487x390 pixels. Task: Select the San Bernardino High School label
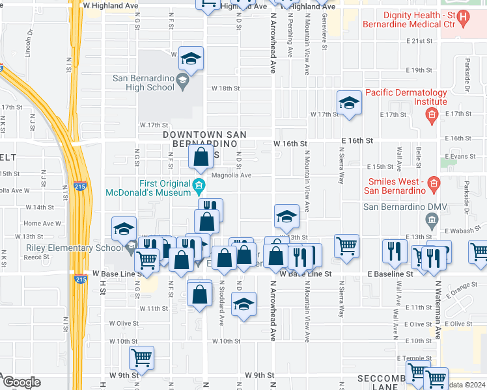point(143,83)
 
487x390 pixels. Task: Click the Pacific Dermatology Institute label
point(406,97)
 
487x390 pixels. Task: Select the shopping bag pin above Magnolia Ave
point(202,156)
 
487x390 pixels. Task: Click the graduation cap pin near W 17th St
point(349,103)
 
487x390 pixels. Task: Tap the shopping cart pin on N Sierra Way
point(346,245)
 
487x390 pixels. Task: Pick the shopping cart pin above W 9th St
point(142,357)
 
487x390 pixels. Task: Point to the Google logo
point(22,382)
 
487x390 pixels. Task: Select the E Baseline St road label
point(391,275)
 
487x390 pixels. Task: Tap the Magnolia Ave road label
point(230,175)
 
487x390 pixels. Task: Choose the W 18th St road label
point(225,88)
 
